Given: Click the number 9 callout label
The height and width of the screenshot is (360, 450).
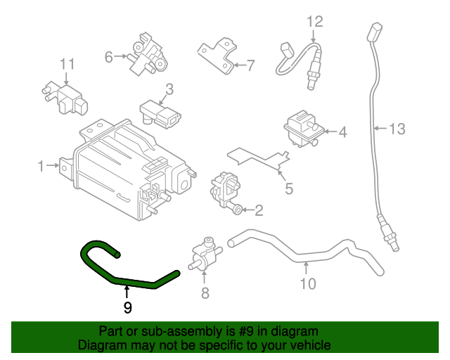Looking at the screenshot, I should click(127, 307).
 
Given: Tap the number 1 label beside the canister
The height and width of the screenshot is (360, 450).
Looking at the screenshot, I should click(41, 166).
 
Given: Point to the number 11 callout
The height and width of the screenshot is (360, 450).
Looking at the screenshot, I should click(66, 65).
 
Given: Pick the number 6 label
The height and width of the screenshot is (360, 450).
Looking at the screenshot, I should click(109, 57).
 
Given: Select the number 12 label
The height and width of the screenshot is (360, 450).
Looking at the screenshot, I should click(314, 21).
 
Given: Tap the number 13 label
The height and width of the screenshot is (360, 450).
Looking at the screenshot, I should click(397, 128).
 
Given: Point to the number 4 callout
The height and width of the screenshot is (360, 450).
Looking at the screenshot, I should click(342, 131).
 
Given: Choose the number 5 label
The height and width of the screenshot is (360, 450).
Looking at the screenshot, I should click(288, 188).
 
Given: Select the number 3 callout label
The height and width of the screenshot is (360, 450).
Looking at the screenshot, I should click(169, 89).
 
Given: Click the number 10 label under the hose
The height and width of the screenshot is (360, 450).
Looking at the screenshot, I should click(307, 284).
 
